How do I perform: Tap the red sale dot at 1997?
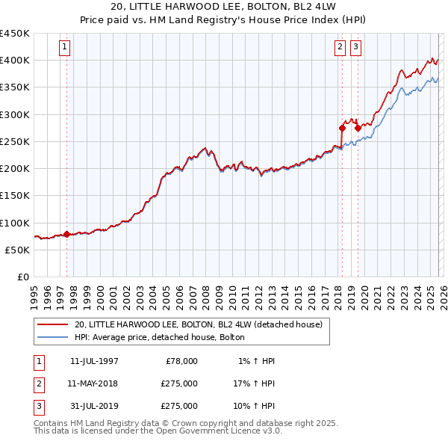tap(66, 235)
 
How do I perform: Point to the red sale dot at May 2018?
tap(342, 128)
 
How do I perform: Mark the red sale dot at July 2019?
tap(358, 128)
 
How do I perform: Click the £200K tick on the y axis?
tap(15, 169)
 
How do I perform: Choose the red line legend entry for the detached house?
tap(198, 325)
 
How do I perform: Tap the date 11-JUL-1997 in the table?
tap(93, 361)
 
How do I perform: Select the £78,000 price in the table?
tap(180, 361)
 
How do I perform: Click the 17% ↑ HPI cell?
tap(252, 383)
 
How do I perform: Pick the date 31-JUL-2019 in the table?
tap(93, 407)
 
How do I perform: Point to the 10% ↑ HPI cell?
tap(252, 407)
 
